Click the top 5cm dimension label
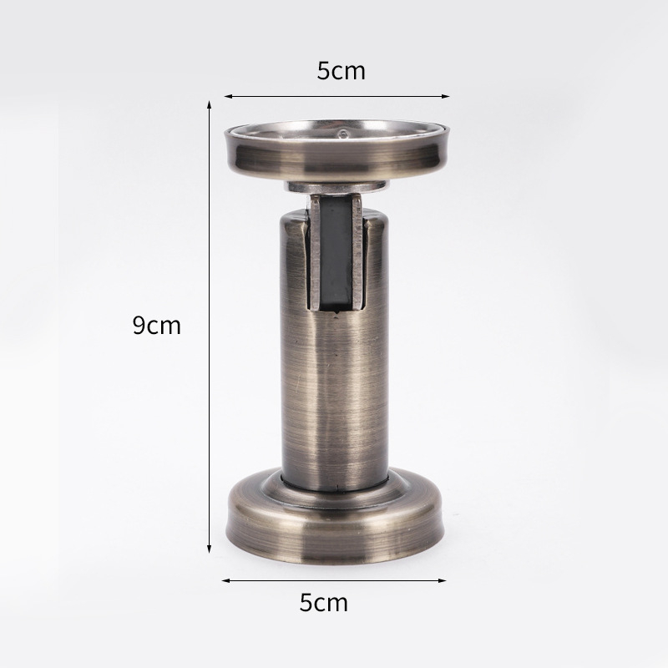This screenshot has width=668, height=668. click(x=341, y=71)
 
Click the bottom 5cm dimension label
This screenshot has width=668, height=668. click(x=324, y=602)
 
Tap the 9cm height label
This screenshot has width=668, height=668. click(x=157, y=325)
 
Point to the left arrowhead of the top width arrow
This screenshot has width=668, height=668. click(x=228, y=96)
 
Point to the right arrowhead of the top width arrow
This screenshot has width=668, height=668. click(x=446, y=96)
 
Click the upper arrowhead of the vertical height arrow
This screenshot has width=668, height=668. click(x=210, y=105)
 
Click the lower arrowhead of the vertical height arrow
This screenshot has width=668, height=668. click(x=210, y=549)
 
